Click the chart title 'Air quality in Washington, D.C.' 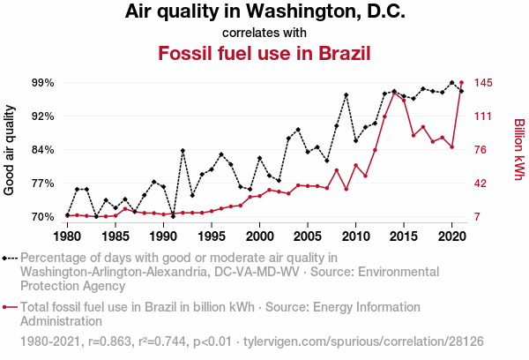(264, 12)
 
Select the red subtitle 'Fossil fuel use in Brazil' (264, 53)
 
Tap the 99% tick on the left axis (43, 82)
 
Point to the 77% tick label (43, 183)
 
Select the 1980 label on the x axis (67, 236)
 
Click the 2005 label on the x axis (307, 236)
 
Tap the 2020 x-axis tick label (451, 236)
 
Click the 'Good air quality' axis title (10, 149)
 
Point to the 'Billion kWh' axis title (519, 149)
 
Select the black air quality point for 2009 (346, 95)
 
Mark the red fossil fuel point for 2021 (461, 83)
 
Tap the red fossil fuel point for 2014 (394, 92)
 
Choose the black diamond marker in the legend (8, 259)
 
